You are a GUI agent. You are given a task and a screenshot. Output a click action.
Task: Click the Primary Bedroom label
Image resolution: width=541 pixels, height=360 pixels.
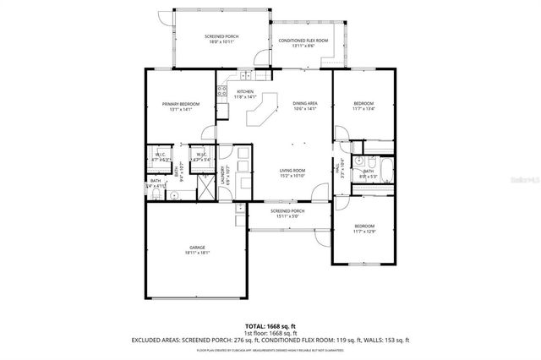coord(180,106)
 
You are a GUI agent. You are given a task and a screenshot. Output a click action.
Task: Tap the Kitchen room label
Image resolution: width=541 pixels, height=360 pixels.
coord(245,94)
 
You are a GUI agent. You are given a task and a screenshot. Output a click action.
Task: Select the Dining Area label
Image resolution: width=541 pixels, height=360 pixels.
coord(304,106)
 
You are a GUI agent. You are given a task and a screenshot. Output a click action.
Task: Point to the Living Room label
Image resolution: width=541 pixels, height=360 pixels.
coord(292,173)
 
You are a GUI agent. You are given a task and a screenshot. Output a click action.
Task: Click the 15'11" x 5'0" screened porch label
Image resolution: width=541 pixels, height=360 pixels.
coord(287,214)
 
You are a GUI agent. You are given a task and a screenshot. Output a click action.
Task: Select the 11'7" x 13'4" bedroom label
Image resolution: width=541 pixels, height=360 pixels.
coord(364,106)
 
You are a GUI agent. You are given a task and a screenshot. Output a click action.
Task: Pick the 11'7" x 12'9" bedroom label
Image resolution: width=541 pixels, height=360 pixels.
coord(364,228)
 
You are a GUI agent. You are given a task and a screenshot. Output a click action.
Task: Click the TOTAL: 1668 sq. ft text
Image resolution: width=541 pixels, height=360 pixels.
coord(270,325)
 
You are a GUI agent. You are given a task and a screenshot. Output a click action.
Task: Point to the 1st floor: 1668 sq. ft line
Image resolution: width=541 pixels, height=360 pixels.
coord(270,333)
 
